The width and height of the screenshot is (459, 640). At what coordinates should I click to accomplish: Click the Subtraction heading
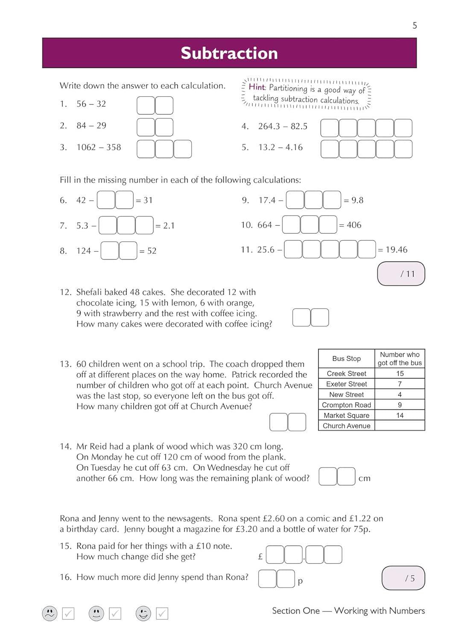229,53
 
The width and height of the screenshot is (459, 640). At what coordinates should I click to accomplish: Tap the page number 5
415,26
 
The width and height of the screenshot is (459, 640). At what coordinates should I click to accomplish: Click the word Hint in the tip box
257,87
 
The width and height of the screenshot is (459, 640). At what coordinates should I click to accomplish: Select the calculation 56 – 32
91,104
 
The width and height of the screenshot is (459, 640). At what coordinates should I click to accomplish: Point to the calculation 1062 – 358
99,148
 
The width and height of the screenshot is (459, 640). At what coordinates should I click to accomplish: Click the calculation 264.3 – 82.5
283,126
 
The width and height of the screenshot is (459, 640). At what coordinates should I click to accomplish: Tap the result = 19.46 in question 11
393,250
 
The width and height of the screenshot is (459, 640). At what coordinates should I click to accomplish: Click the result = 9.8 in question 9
354,200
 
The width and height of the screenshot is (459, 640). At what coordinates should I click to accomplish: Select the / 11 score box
401,274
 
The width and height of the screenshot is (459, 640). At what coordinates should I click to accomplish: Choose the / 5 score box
403,578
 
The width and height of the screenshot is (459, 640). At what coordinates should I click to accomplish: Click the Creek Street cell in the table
346,374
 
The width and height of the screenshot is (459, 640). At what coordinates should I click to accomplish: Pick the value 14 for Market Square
400,416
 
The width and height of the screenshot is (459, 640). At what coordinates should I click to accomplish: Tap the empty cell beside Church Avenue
400,426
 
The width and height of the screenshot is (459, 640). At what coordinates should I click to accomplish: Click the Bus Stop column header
346,359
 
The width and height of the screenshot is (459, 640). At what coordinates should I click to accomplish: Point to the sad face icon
50,614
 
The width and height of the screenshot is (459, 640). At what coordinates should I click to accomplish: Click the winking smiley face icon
143,614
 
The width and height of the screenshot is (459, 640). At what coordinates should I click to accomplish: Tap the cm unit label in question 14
364,479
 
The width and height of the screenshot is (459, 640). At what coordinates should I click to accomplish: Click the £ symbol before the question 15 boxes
260,557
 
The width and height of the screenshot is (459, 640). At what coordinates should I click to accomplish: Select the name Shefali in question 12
89,292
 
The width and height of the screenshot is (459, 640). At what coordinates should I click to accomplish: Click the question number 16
65,577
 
